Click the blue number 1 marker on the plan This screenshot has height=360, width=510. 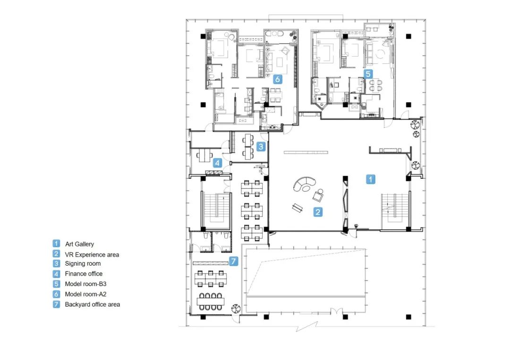371,179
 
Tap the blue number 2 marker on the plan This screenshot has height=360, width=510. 318,212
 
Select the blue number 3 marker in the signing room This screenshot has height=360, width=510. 261,147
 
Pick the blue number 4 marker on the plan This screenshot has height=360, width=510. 217,162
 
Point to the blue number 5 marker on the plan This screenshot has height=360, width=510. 368,74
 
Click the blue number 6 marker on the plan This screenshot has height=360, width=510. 277,79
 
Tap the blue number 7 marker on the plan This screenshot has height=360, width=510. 234,261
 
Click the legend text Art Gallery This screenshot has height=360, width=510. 79,244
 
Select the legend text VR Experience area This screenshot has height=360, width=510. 92,255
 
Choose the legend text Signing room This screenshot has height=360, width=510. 83,263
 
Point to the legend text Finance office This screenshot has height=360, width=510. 84,274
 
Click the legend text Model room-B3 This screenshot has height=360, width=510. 85,284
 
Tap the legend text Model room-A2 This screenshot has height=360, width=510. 85,294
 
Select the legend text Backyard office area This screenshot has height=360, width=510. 93,304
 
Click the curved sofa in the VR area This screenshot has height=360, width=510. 304,184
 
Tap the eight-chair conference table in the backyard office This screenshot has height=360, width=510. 211,301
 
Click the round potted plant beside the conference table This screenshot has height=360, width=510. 236,309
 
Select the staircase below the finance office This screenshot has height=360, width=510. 217,211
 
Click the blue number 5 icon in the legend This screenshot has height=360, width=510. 56,284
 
